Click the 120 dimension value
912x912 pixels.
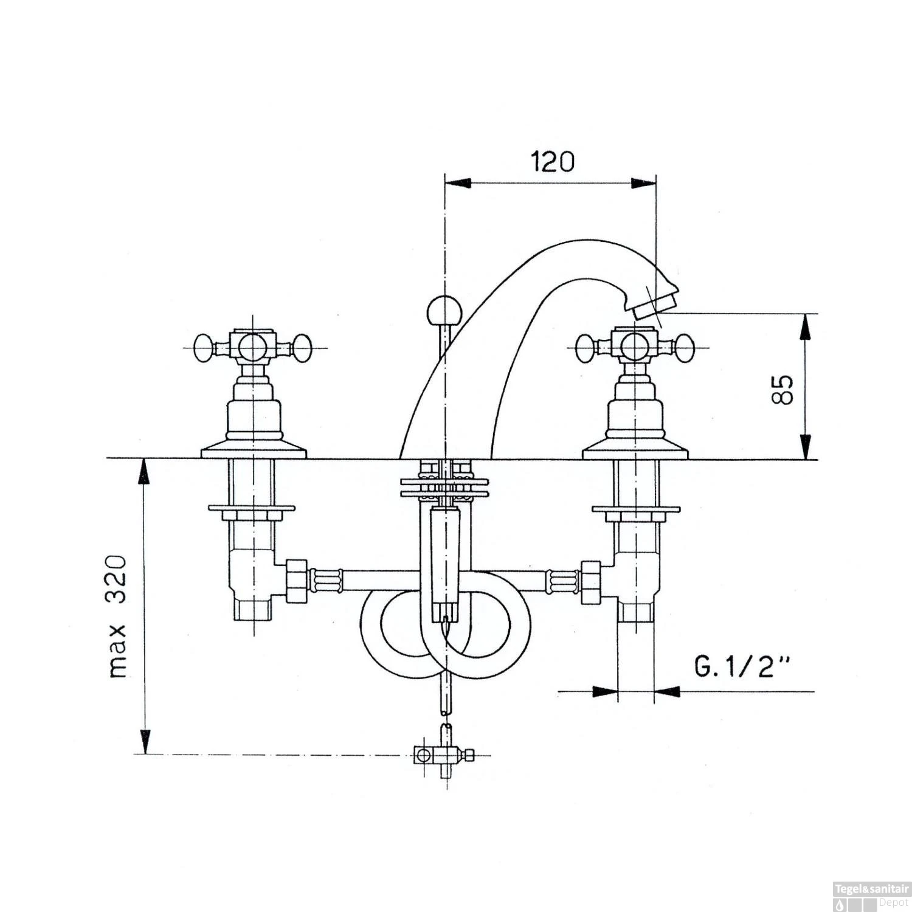(x=552, y=162)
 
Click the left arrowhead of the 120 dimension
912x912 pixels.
(x=457, y=183)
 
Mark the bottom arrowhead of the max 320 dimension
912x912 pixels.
(x=144, y=741)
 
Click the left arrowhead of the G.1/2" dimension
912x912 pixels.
(x=605, y=691)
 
